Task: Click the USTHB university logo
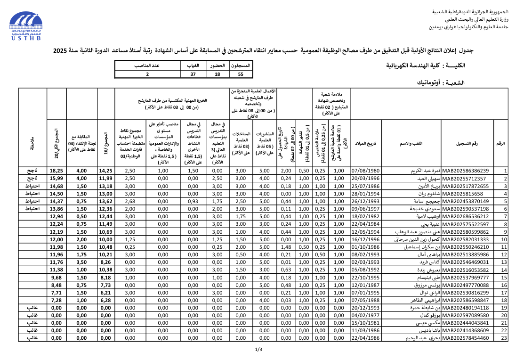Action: [28, 28]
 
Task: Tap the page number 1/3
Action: [258, 349]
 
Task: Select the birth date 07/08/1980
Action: [365, 171]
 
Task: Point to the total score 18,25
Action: [56, 171]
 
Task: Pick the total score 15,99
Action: [56, 178]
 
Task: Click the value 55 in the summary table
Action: [241, 74]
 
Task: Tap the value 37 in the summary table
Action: [193, 74]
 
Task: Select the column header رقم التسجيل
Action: [467, 143]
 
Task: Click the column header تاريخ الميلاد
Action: [365, 143]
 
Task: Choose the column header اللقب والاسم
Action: [411, 143]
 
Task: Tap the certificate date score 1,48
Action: [286, 246]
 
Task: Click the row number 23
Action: [505, 337]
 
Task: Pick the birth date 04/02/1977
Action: [365, 315]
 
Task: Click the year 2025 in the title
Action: [60, 50]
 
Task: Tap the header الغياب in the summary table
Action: [193, 65]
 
